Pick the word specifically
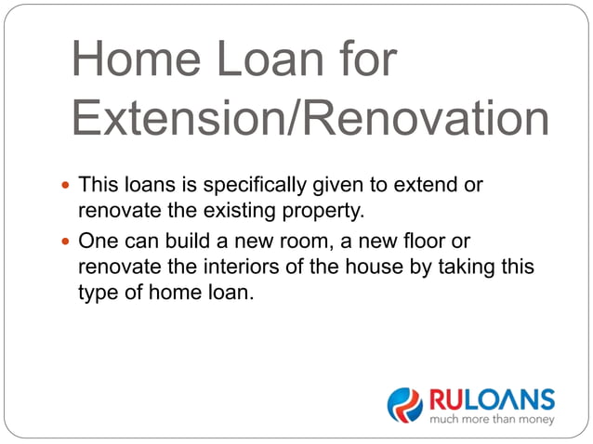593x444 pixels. pos(255,185)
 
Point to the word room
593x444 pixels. pos(292,241)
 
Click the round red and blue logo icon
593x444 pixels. pos(404,405)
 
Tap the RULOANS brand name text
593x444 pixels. pos(491,400)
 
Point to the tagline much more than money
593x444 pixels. pos(491,420)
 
